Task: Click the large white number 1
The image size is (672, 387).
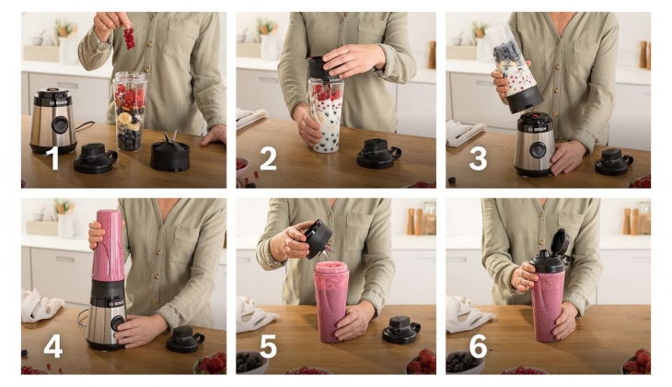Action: pyautogui.click(x=54, y=158)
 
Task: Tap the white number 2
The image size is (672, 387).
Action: pyautogui.click(x=268, y=158)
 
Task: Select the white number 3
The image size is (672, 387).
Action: pyautogui.click(x=479, y=158)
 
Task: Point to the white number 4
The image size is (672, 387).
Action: pyautogui.click(x=53, y=346)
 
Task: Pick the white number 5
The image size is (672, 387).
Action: pyautogui.click(x=268, y=346)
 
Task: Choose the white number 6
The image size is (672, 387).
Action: pyautogui.click(x=479, y=346)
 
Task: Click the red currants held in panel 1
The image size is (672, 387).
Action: pyautogui.click(x=129, y=39)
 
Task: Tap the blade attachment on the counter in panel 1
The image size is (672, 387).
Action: pyautogui.click(x=170, y=153)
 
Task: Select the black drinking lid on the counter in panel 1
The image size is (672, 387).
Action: pyautogui.click(x=95, y=158)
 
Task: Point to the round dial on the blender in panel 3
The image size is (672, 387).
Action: pyautogui.click(x=537, y=150)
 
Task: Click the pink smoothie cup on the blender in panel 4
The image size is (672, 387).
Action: pyautogui.click(x=108, y=245)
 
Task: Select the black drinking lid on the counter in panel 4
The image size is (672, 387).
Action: pyautogui.click(x=185, y=339)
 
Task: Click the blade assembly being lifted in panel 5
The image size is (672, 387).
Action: pyautogui.click(x=319, y=239)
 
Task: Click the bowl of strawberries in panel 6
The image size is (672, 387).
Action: pyautogui.click(x=637, y=361)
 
